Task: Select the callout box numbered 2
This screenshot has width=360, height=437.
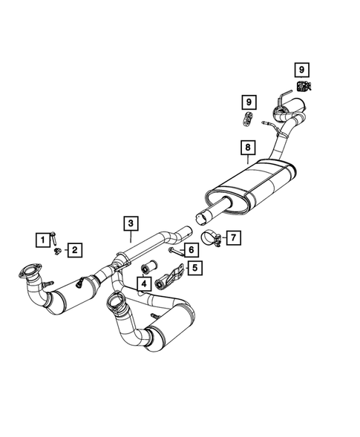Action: point(76,250)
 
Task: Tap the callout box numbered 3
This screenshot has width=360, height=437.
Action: point(129,223)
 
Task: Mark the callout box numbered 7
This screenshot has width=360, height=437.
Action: point(232,237)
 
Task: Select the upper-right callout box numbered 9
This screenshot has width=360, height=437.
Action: point(302,70)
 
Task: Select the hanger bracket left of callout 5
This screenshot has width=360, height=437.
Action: point(167,280)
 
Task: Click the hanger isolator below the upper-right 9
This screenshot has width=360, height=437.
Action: point(304,86)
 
